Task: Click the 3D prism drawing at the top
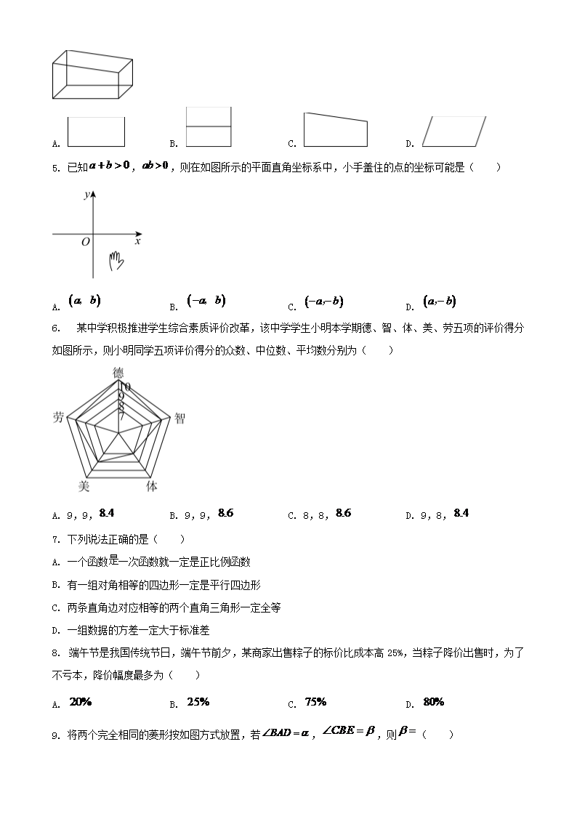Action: pyautogui.click(x=92, y=74)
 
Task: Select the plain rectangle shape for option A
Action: pyautogui.click(x=96, y=132)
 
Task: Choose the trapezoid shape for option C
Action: pyautogui.click(x=335, y=130)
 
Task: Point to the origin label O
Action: pyautogui.click(x=86, y=242)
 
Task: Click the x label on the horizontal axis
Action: pyautogui.click(x=138, y=241)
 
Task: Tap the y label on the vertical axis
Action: pyautogui.click(x=86, y=195)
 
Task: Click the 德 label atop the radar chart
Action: pyautogui.click(x=118, y=373)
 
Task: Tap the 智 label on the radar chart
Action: pyautogui.click(x=179, y=418)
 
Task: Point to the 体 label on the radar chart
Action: pyautogui.click(x=152, y=486)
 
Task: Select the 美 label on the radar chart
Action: pyautogui.click(x=84, y=486)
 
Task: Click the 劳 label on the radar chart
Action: pyautogui.click(x=59, y=417)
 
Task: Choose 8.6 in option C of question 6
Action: pyautogui.click(x=343, y=514)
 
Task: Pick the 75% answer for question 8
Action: pyautogui.click(x=315, y=702)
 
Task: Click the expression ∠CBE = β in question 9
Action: pyautogui.click(x=349, y=732)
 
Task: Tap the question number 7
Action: pyautogui.click(x=55, y=539)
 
